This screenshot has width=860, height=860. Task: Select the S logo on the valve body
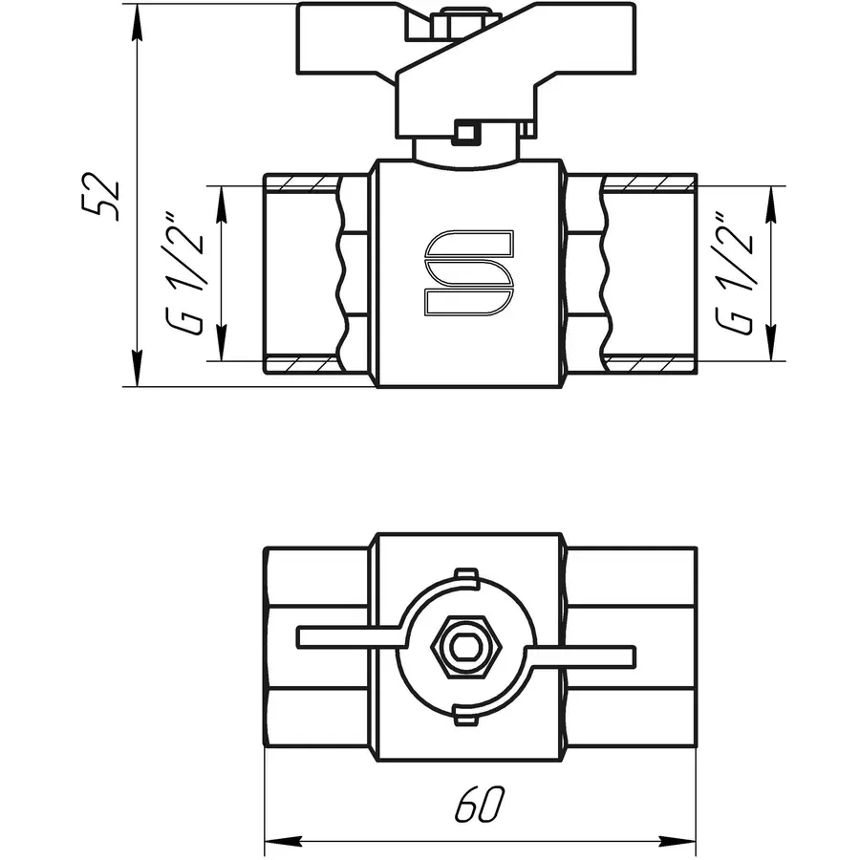pos(469,272)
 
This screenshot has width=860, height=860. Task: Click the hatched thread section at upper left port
pos(300,183)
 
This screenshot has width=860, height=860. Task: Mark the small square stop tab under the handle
pos(465,132)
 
